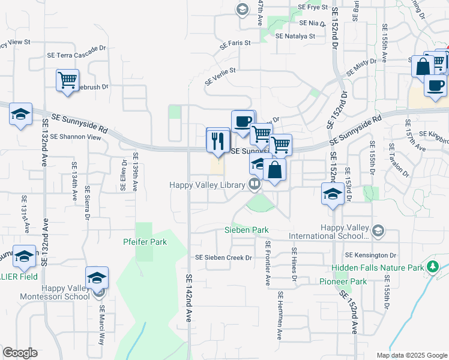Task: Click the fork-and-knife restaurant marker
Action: click(218, 142)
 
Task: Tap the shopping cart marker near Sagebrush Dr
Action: click(67, 80)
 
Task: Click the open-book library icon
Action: click(255, 185)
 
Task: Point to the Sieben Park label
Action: click(246, 230)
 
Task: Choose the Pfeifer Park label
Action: click(145, 242)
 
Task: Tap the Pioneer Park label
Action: click(351, 281)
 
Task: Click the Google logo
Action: click(20, 353)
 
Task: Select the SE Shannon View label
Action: click(76, 137)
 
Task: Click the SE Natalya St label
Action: click(295, 36)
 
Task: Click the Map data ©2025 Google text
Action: click(412, 355)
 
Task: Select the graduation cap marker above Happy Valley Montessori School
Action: click(97, 279)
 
